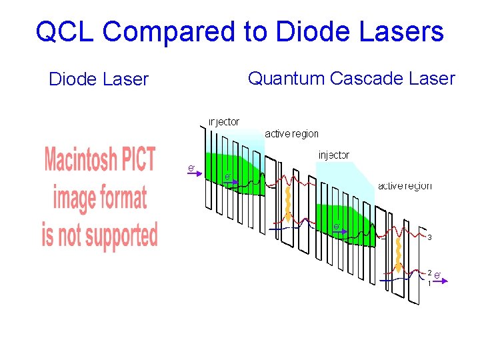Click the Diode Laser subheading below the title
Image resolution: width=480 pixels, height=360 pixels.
[99, 79]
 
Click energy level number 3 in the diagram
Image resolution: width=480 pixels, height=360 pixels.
[430, 237]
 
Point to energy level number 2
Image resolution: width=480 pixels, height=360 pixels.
[430, 273]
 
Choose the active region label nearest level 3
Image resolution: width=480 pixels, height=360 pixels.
[404, 186]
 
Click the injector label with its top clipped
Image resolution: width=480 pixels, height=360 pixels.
[223, 122]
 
